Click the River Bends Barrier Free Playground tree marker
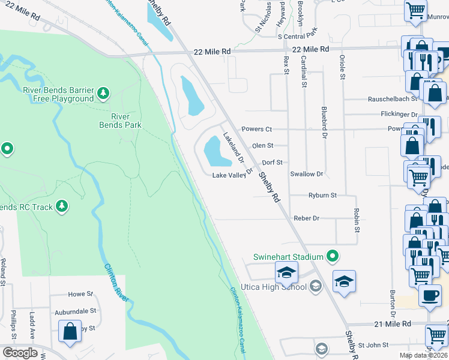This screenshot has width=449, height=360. tap(104, 93)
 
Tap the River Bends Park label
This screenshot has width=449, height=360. tap(120, 121)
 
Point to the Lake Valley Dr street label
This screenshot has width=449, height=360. tap(235, 175)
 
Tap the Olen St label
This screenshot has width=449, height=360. tap(262, 145)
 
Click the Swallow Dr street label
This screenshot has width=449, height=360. tap(306, 174)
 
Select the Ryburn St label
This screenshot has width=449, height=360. tap(322, 195)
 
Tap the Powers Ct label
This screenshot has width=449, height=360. tap(256, 129)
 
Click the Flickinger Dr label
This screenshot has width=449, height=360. tap(399, 114)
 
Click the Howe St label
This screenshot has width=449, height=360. tap(80, 295)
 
